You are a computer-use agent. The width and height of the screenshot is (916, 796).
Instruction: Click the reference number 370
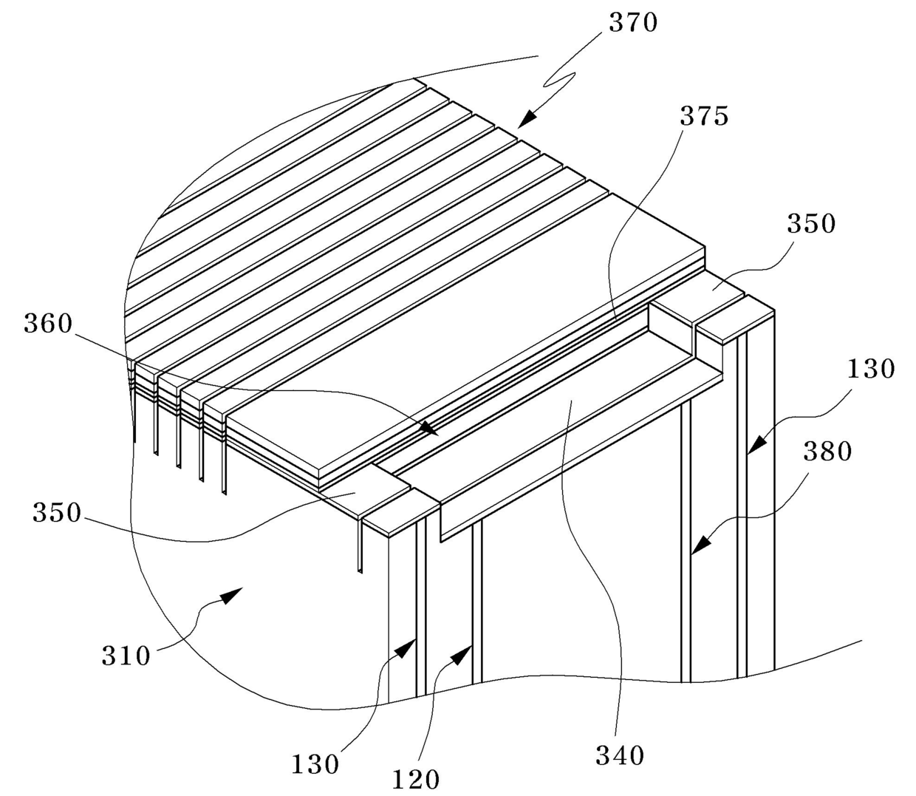coord(633,23)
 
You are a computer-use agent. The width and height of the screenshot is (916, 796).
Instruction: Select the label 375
coord(704,116)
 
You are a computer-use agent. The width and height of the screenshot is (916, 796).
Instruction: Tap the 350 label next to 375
coord(810,223)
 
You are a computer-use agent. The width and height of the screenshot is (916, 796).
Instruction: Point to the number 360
coord(48,323)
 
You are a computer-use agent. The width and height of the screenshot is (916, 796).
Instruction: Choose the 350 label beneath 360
coord(56,512)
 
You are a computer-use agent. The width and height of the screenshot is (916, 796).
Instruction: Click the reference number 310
coord(126,655)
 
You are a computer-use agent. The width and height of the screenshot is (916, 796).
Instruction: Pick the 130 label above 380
coord(871,368)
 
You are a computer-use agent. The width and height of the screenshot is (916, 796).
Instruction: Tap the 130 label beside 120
coord(315,763)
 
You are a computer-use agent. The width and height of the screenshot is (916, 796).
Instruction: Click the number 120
coord(416,778)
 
